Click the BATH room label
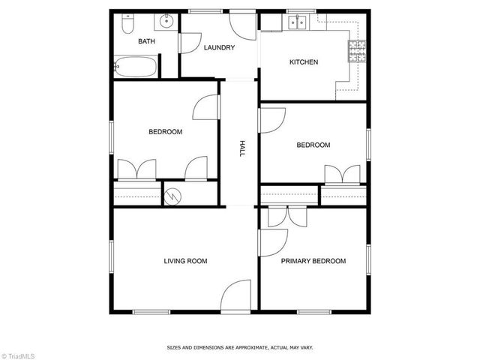[146, 41]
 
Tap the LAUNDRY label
[220, 48]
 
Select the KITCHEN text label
[304, 62]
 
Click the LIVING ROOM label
[185, 261]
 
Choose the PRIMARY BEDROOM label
[313, 261]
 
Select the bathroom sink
[166, 22]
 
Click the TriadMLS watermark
[19, 353]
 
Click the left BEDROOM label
[165, 132]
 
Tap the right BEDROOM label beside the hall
[313, 145]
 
